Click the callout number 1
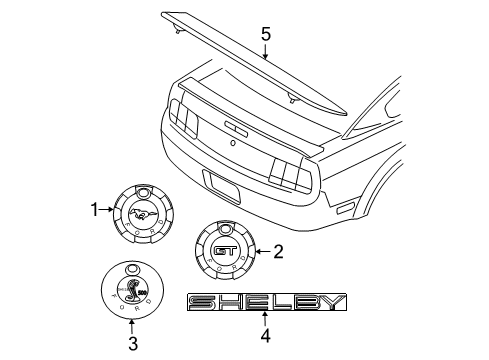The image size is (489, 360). click(x=96, y=210)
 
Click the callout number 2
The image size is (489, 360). click(x=279, y=251)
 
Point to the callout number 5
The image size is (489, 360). click(x=265, y=34)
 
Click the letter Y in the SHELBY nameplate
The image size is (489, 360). click(x=332, y=303)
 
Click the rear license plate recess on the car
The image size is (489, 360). click(x=222, y=185)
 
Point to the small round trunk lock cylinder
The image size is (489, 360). click(x=232, y=144)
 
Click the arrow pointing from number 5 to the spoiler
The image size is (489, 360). click(x=265, y=51)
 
